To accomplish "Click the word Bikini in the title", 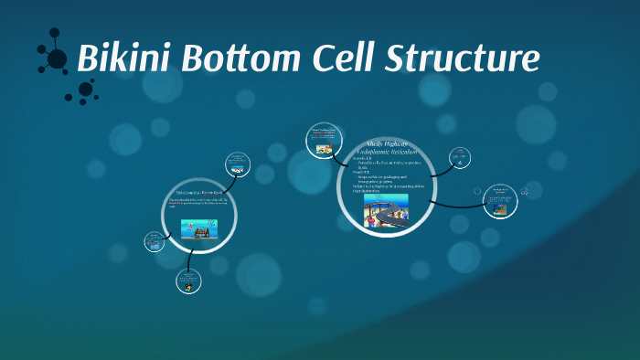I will (x=124, y=58).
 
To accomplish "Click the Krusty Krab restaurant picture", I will (x=198, y=229).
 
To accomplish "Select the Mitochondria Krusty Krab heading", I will (x=198, y=194).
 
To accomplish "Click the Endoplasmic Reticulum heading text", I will (x=385, y=151).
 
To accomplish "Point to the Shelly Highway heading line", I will (x=385, y=143).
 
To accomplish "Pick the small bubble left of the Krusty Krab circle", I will (x=154, y=242).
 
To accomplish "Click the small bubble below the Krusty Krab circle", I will (x=188, y=281).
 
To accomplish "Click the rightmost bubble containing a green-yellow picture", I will (x=499, y=200).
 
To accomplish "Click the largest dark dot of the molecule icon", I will (x=57, y=59).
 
